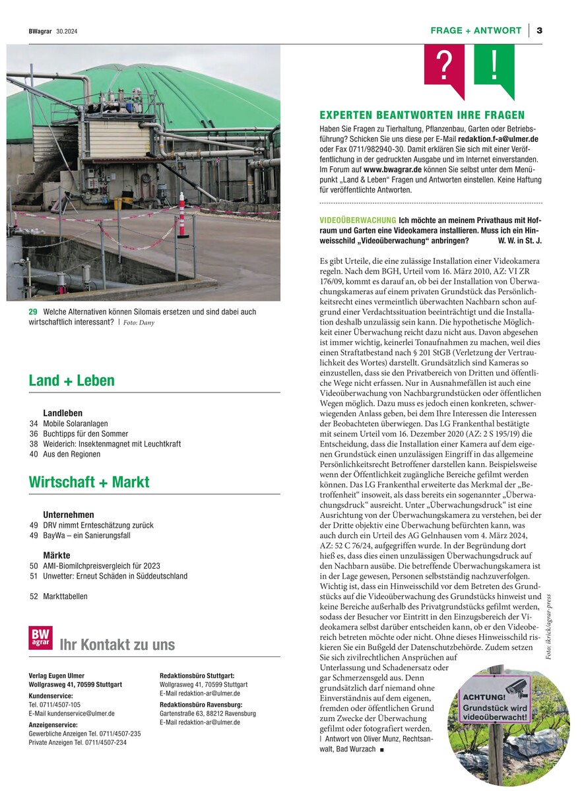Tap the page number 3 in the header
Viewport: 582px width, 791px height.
pyautogui.click(x=539, y=30)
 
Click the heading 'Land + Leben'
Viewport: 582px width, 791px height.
pyautogui.click(x=72, y=381)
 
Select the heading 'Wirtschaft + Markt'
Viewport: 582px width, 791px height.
pyautogui.click(x=89, y=482)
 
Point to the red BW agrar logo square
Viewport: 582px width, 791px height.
pyautogui.click(x=40, y=637)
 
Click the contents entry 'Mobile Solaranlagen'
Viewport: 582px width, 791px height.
pyautogui.click(x=75, y=424)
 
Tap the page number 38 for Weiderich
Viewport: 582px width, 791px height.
pyautogui.click(x=33, y=444)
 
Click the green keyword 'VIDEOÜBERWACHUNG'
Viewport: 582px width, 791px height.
pyautogui.click(x=358, y=219)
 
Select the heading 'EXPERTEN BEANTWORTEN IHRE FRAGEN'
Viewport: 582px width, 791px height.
pyautogui.click(x=422, y=115)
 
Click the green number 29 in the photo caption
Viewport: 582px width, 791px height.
pyautogui.click(x=33, y=311)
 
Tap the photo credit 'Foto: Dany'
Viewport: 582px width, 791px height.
pyautogui.click(x=139, y=323)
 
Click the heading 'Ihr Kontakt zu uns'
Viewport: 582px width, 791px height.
pyautogui.click(x=117, y=645)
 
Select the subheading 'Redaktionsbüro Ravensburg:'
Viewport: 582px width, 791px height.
pyautogui.click(x=197, y=704)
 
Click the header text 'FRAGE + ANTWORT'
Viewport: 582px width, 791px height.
pyautogui.click(x=476, y=30)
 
